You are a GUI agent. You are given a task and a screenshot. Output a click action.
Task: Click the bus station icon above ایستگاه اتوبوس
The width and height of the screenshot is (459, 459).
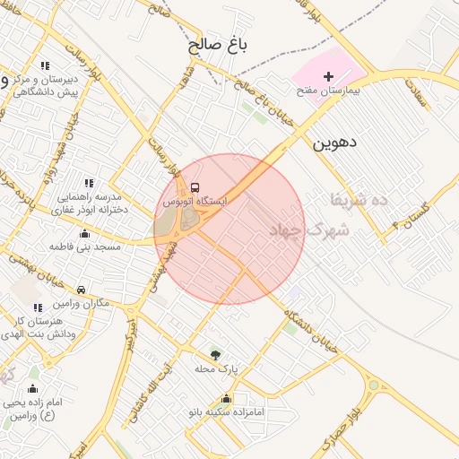click(195, 187)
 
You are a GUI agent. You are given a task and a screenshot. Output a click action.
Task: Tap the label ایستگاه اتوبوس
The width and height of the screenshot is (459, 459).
click(195, 203)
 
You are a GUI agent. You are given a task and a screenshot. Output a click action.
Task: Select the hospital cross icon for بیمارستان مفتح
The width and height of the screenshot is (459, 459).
click(328, 77)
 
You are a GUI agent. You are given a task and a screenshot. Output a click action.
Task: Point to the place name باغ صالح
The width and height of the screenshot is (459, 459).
click(218, 44)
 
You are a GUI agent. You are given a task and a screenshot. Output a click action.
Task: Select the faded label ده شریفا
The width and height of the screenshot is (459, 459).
click(359, 198)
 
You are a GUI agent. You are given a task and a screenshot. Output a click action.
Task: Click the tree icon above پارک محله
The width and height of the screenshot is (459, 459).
click(213, 354)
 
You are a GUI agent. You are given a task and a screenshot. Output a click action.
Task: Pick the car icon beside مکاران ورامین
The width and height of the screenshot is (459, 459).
click(82, 290)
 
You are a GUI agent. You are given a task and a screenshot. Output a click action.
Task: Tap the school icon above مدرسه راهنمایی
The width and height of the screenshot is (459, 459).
click(88, 183)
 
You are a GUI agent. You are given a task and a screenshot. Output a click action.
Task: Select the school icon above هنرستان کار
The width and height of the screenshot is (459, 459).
click(38, 307)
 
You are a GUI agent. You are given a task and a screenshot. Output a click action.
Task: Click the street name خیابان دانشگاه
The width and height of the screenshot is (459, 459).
click(313, 332)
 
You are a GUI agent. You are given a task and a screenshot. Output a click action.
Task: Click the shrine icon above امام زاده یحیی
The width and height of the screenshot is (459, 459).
click(34, 388)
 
